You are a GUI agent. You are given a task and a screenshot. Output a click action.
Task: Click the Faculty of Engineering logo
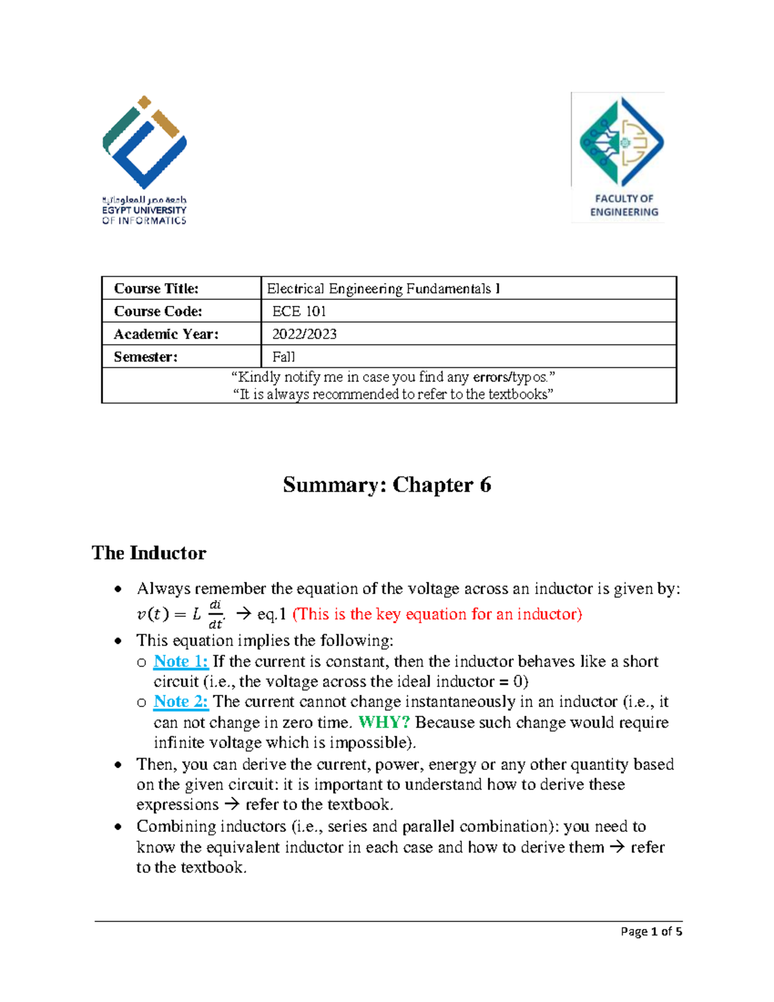[x=618, y=157]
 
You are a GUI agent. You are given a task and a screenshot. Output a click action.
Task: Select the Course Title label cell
[x=156, y=288]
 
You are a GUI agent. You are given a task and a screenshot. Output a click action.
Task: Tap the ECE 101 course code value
[x=299, y=312]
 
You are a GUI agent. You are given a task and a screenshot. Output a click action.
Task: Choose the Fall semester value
[x=284, y=357]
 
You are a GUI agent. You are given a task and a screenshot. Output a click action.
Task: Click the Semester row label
[x=146, y=357]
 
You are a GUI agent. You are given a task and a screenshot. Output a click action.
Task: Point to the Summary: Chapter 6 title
[x=387, y=485]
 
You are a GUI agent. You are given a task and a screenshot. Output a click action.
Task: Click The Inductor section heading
[x=149, y=553]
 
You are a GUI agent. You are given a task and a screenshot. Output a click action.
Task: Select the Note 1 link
[x=181, y=661]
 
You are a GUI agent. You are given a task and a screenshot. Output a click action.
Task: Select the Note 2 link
[x=181, y=701]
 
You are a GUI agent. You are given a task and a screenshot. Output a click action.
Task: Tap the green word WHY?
[x=384, y=722]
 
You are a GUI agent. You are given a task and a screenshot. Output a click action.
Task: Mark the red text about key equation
[x=437, y=614]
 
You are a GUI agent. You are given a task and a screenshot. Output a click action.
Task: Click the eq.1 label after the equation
[x=272, y=614]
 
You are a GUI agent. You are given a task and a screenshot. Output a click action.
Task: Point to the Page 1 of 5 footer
[x=651, y=932]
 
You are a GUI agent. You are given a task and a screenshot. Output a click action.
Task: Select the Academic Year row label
[x=166, y=334]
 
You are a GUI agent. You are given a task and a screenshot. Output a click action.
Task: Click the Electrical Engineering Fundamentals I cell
[x=383, y=288]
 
